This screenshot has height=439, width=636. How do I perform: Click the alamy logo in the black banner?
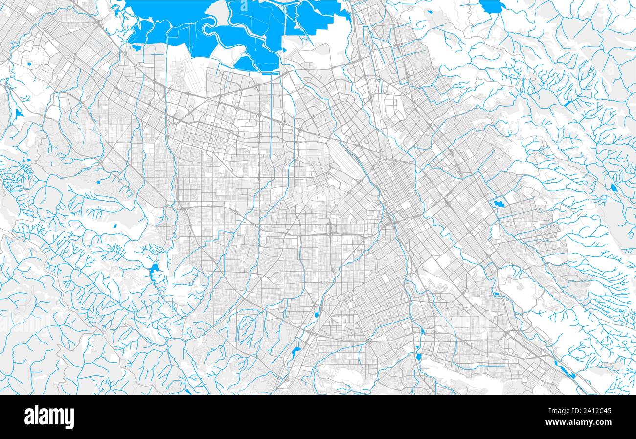[49, 417]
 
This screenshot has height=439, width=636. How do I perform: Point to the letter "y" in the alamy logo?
[69, 418]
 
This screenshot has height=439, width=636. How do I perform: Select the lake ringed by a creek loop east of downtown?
[499, 203]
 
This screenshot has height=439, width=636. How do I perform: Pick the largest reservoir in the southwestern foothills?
[155, 269]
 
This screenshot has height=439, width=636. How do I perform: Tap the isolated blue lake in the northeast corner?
[492, 6]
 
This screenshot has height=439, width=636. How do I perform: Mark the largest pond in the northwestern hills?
[19, 114]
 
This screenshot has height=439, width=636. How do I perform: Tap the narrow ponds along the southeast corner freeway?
[565, 370]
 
